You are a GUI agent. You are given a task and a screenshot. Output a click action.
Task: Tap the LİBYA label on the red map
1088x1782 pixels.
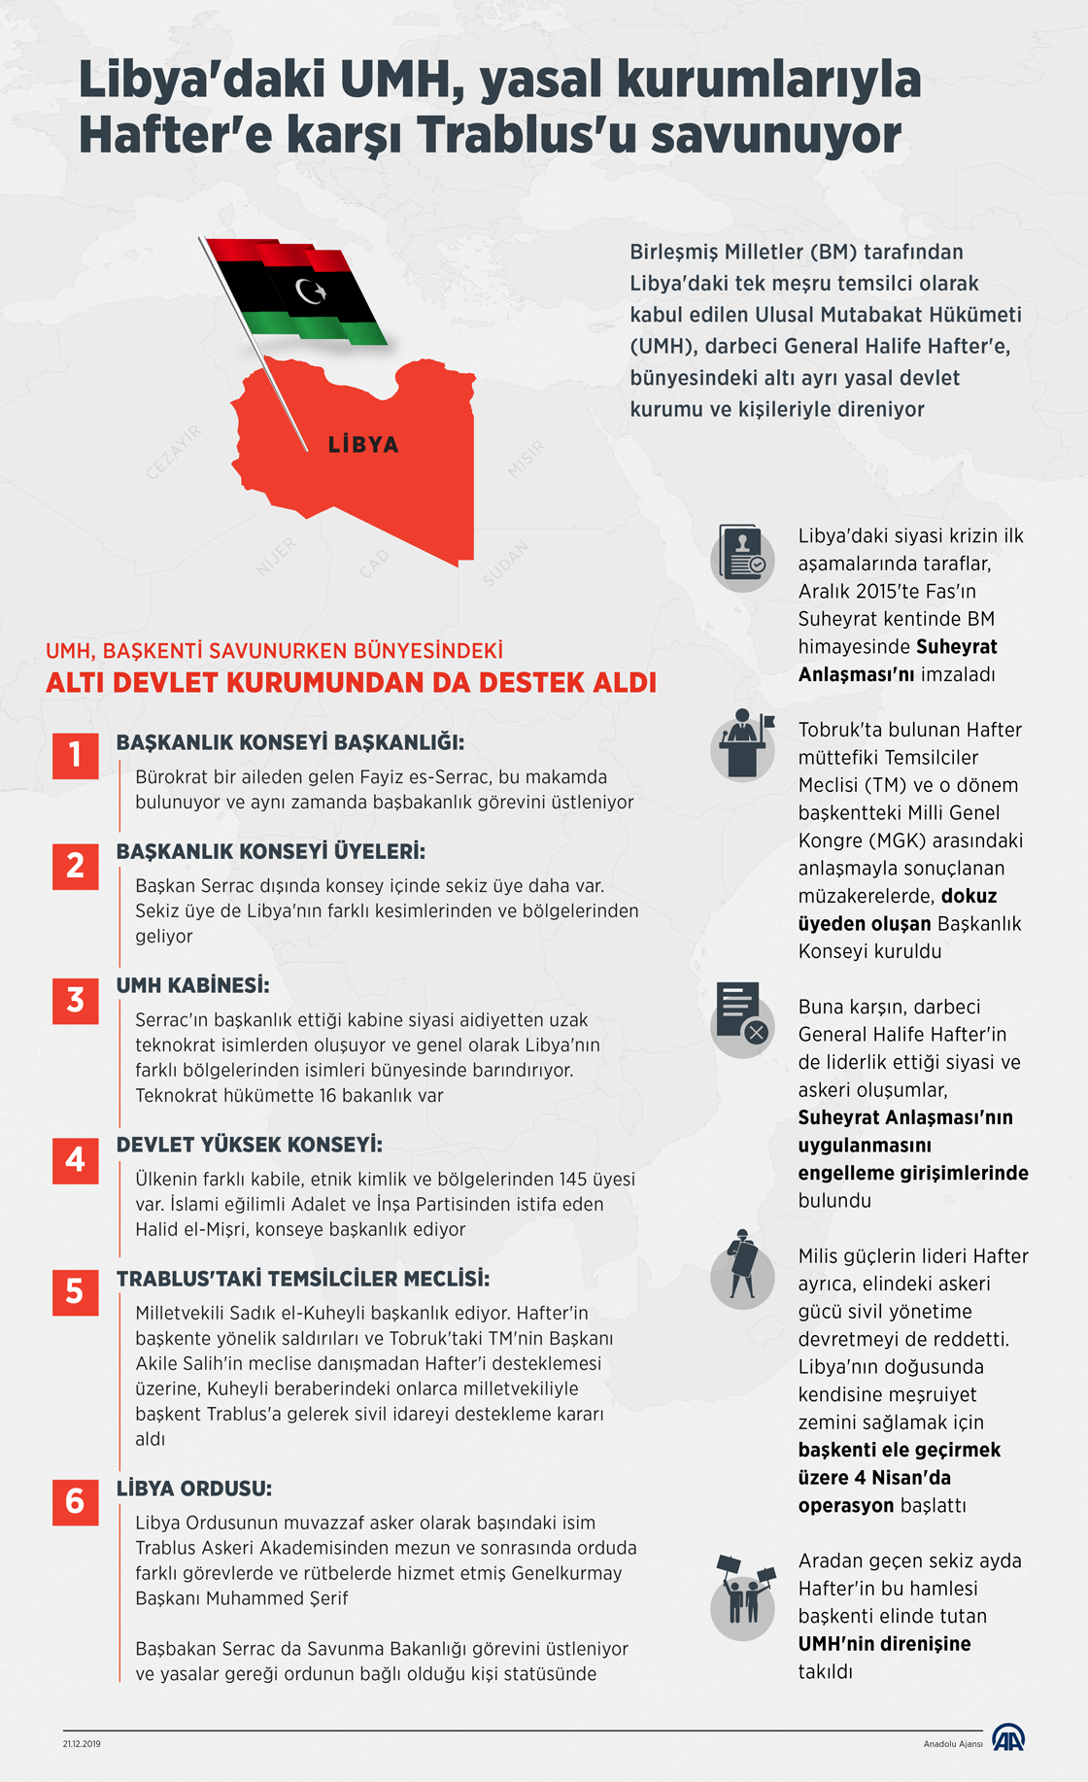(x=363, y=445)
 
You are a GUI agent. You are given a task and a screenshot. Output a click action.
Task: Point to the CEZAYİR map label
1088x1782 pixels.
(x=173, y=453)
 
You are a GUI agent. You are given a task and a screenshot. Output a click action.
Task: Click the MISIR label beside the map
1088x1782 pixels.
(x=527, y=460)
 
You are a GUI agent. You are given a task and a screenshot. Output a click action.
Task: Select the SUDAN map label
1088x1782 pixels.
(x=506, y=564)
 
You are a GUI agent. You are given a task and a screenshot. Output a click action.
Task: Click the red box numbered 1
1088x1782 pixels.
(x=76, y=756)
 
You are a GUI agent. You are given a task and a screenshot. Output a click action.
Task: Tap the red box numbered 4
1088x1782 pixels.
(x=76, y=1160)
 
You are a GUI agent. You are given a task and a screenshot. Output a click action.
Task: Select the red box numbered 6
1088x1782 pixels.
(x=76, y=1502)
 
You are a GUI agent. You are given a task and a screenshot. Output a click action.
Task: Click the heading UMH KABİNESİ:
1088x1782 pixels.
(x=192, y=985)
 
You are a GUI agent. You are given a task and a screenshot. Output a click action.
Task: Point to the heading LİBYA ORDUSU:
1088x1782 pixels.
(x=193, y=1489)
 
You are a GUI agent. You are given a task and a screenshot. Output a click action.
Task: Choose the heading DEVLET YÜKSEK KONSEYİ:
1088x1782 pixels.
(x=249, y=1145)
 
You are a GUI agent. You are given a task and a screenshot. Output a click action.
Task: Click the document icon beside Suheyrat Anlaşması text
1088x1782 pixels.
(x=743, y=556)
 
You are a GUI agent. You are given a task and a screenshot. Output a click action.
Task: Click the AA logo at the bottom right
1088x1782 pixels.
(x=1008, y=1737)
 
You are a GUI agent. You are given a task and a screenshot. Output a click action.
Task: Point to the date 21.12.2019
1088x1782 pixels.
(x=82, y=1744)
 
